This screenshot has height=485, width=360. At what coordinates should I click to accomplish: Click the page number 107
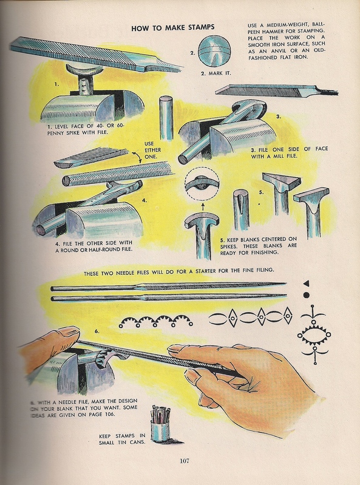click(x=185, y=461)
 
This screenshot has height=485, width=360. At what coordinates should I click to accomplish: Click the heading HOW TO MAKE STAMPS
click(x=172, y=27)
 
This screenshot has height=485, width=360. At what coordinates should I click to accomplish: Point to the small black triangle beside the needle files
click(x=306, y=283)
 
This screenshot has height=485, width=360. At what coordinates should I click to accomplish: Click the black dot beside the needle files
click(x=307, y=295)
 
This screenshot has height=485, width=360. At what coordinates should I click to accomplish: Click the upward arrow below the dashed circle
click(x=203, y=206)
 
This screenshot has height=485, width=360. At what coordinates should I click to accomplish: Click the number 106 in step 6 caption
click(x=109, y=414)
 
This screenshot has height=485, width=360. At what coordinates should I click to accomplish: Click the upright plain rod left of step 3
click(x=166, y=118)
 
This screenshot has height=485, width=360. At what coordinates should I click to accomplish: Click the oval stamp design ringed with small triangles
click(x=314, y=334)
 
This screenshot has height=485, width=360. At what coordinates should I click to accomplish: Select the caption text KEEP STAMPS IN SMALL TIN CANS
click(x=122, y=439)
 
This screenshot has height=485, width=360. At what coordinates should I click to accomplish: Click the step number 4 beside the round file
click(x=144, y=200)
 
